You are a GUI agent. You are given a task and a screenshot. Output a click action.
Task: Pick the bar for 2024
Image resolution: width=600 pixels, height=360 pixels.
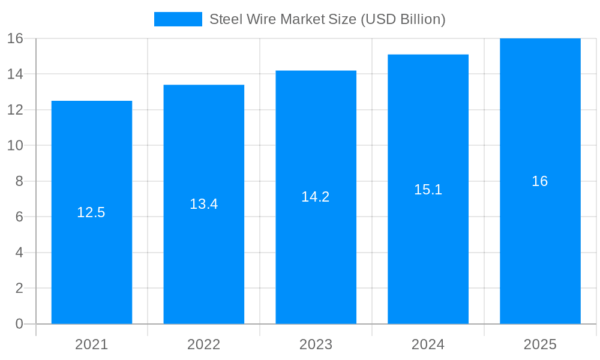click(x=428, y=252)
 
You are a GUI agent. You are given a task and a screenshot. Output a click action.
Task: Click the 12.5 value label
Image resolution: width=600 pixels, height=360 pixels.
click(x=91, y=212)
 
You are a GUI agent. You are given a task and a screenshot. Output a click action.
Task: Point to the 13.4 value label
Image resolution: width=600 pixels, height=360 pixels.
click(x=204, y=204)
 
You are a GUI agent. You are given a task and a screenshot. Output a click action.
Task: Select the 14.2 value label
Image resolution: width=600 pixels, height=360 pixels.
click(x=316, y=197)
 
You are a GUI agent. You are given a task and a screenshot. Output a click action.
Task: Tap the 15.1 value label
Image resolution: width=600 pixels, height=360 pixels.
click(x=428, y=190)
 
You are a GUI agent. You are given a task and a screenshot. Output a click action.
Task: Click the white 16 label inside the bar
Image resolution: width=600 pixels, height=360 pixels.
click(x=540, y=181)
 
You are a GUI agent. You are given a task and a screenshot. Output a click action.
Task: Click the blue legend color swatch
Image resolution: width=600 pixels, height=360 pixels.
click(x=178, y=19)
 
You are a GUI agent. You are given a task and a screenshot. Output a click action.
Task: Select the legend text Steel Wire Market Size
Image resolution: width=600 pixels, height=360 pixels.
click(x=327, y=19)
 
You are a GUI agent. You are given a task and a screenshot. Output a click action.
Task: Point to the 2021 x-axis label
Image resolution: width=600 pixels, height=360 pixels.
click(x=92, y=344)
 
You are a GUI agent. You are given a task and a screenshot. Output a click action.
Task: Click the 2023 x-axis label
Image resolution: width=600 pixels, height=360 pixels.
click(x=316, y=344)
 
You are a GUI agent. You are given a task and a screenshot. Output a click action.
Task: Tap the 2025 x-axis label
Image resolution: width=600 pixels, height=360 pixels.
click(x=540, y=344)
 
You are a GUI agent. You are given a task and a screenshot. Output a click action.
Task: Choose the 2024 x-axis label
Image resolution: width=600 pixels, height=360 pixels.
click(x=428, y=344)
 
